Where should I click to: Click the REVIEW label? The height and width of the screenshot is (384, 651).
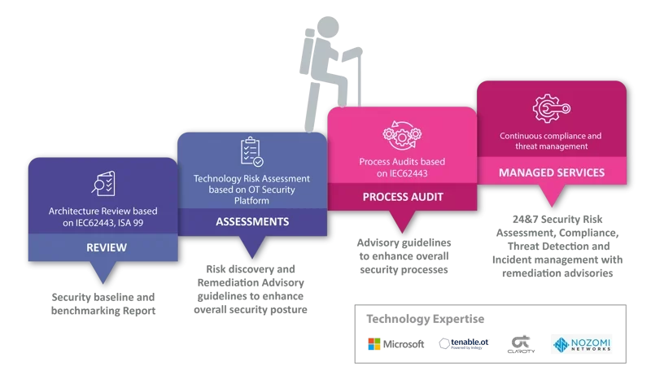107,247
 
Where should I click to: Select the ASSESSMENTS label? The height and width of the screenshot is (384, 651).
252,221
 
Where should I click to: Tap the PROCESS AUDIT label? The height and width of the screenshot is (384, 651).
403,197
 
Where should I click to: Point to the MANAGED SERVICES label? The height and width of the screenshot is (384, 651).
552,172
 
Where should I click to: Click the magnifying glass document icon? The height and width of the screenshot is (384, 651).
103,183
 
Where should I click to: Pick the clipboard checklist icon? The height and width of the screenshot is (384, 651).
252,152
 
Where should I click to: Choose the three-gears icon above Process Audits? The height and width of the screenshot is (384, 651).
402,134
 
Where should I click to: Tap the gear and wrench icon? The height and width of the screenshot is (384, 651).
551,108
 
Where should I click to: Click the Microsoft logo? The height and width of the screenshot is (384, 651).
396,344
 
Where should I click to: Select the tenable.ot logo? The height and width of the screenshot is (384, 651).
464,343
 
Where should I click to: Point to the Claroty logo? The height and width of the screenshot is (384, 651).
521,344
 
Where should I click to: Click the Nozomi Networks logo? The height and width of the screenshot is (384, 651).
581,344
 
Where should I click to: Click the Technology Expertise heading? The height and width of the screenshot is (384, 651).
425,319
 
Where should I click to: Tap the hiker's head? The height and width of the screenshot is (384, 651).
328,28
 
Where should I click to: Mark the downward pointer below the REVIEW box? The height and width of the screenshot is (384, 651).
103,273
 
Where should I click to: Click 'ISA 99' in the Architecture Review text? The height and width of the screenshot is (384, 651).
130,223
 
